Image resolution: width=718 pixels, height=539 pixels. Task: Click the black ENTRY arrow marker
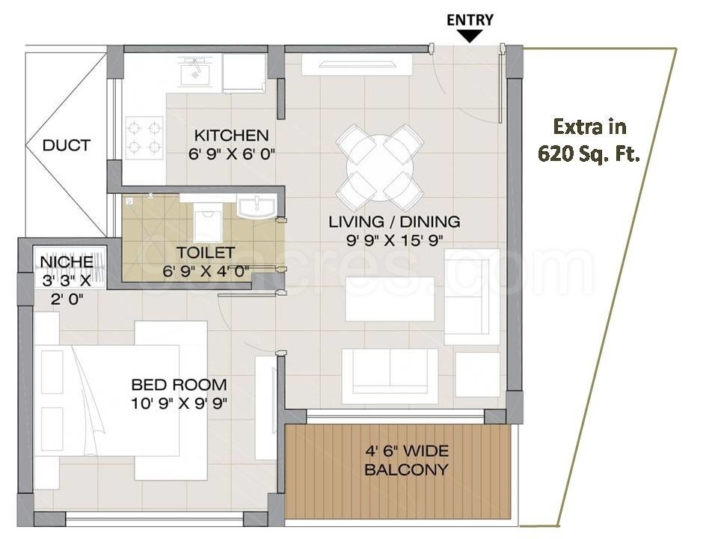(x=470, y=36)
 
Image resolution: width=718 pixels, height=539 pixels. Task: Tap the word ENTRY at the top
(x=470, y=19)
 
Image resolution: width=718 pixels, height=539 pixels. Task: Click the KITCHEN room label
(x=231, y=135)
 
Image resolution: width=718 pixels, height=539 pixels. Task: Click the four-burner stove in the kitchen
(x=144, y=136)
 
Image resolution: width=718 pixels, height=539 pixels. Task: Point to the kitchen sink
(x=195, y=73)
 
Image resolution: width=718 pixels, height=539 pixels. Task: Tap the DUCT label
(x=66, y=145)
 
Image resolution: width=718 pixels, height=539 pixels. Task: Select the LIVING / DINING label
(x=394, y=222)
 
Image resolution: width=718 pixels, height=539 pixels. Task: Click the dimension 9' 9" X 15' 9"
(x=395, y=240)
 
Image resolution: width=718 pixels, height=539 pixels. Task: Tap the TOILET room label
(x=206, y=252)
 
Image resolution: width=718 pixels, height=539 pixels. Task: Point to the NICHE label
(x=67, y=262)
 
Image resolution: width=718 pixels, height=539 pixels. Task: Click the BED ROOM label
(x=179, y=385)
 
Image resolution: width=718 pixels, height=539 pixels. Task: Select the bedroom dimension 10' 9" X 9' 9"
(x=179, y=404)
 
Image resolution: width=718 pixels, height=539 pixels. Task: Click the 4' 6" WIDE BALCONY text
(x=407, y=460)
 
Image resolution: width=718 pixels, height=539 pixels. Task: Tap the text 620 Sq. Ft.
(x=589, y=154)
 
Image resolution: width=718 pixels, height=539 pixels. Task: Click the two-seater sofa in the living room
(x=390, y=377)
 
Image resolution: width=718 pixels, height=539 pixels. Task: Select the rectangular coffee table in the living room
(x=390, y=299)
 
